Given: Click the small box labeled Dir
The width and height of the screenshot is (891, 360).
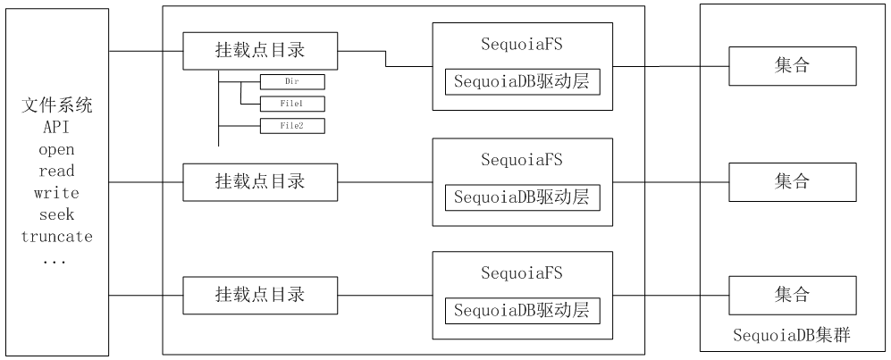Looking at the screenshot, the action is (292, 82).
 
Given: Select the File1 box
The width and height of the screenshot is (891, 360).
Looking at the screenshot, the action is (292, 104).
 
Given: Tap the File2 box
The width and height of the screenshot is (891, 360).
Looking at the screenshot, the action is (292, 126).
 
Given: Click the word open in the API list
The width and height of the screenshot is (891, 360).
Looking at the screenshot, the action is (57, 150).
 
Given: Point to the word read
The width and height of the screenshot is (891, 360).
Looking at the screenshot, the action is (57, 171).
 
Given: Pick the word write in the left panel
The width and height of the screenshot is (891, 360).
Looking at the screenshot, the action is (57, 193).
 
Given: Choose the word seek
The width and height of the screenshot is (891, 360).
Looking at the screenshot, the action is (57, 214).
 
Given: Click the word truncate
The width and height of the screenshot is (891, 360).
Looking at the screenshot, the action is (57, 236).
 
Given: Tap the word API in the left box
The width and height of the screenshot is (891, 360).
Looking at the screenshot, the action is (57, 127).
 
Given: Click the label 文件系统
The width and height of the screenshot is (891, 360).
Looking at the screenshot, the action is (57, 105).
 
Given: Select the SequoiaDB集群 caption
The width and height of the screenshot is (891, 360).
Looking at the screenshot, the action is (792, 336).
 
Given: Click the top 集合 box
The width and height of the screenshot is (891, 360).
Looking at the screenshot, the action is (793, 66).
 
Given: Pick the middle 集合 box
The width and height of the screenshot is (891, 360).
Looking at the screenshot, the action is (793, 182).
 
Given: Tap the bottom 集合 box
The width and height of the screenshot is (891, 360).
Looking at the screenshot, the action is (793, 296).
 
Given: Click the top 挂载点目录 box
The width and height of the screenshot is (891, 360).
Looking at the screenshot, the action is (260, 51).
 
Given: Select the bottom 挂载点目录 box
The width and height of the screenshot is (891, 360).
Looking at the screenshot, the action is (260, 296).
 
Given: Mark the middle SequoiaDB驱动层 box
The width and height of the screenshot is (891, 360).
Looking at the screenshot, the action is (523, 198).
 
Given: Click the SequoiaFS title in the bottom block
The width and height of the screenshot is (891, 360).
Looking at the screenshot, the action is (522, 273).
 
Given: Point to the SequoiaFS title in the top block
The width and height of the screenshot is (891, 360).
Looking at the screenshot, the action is (522, 45).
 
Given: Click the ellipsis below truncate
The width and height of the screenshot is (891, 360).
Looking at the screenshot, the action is (55, 263).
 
